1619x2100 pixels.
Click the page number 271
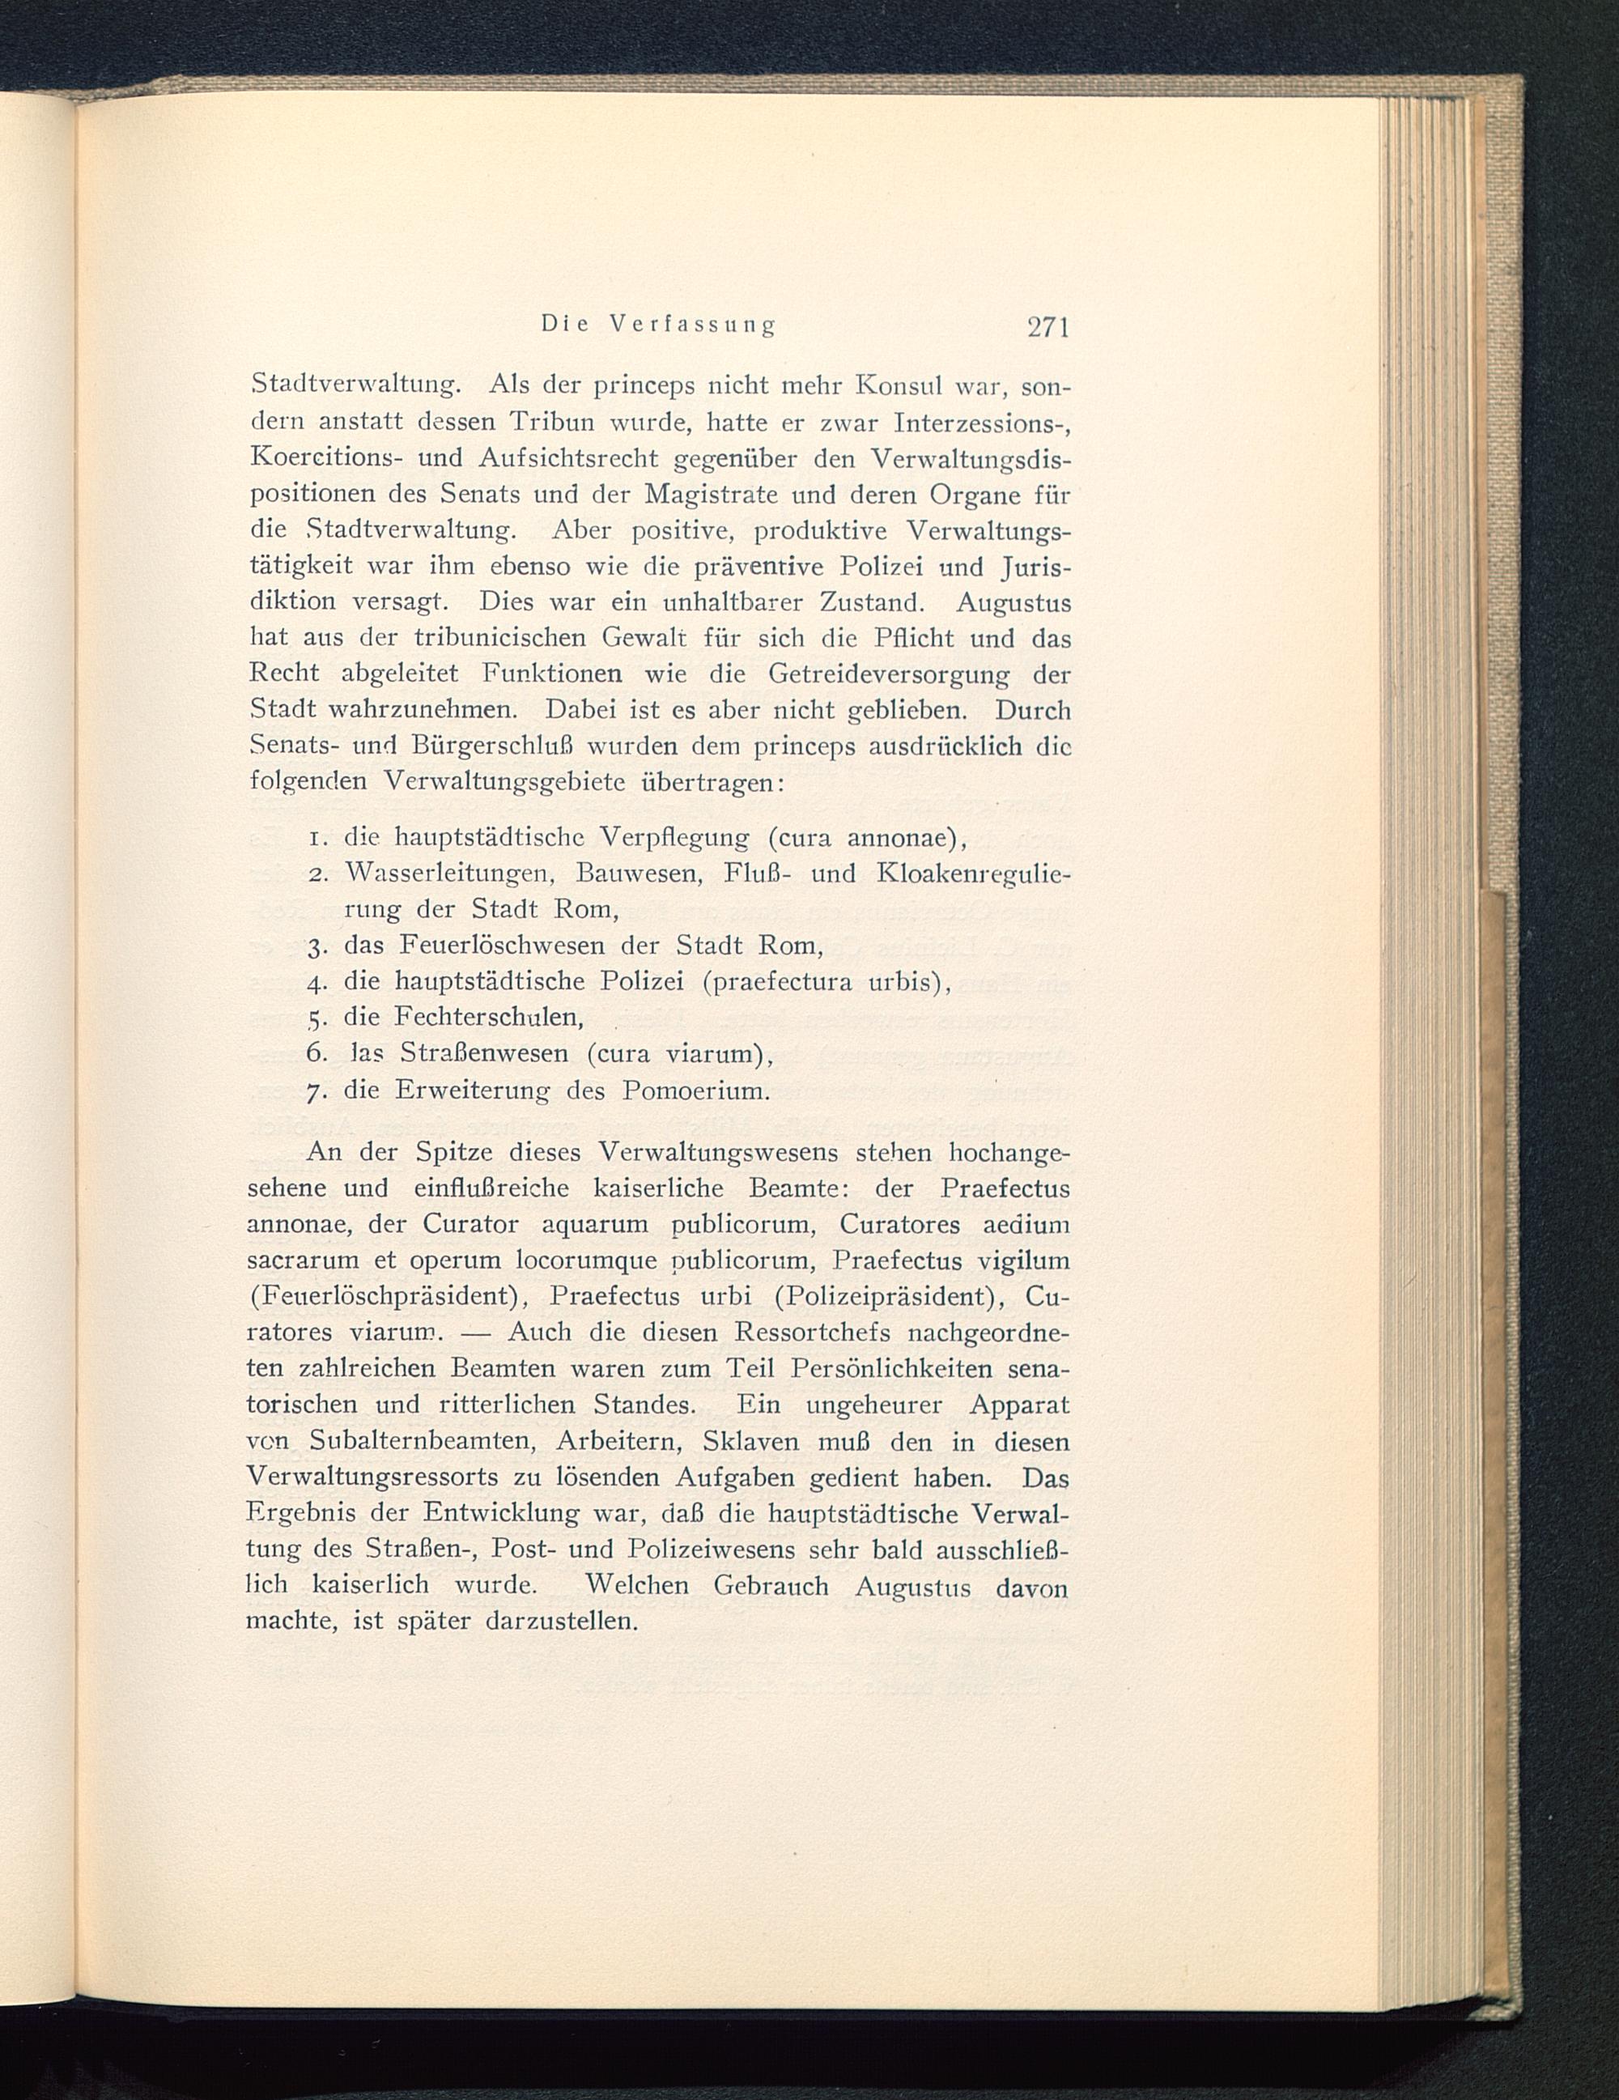tap(1048, 327)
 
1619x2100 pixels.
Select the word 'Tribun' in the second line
tap(555, 422)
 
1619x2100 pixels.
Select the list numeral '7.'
tap(319, 1092)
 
